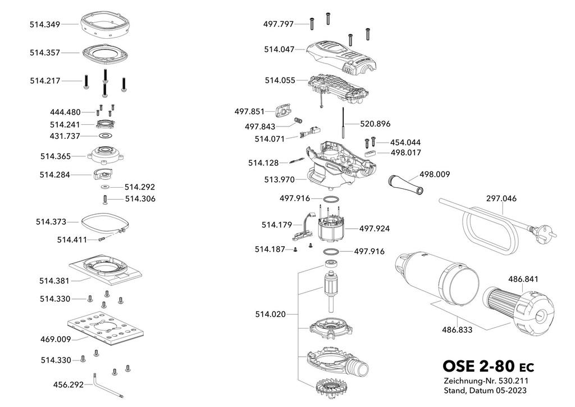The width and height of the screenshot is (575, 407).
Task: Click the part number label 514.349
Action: coord(45,25)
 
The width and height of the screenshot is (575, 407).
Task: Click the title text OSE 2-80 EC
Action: coord(488,367)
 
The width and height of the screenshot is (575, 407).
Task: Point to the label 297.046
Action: coord(501,198)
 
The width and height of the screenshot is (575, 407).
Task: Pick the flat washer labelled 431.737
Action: coord(106,136)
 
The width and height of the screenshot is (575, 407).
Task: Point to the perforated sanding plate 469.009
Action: coord(106,329)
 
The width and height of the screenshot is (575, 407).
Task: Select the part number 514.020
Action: coord(270,314)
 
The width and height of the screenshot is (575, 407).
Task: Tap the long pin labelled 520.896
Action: coord(344,123)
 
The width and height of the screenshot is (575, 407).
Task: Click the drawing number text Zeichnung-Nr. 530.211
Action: coord(486,381)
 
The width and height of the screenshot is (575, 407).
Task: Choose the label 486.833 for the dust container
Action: coord(457,330)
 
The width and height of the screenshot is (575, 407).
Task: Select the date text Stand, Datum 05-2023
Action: coord(485,391)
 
